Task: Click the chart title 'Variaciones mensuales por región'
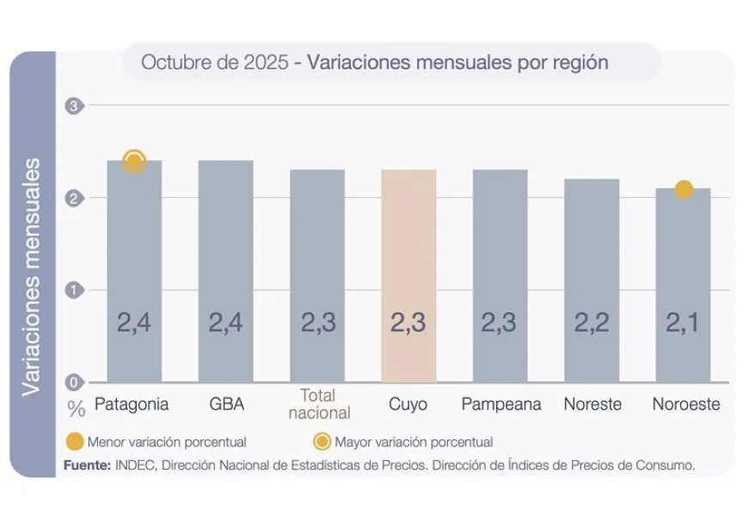click(457, 63)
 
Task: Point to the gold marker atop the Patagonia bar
click(134, 162)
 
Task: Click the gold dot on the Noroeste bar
click(684, 189)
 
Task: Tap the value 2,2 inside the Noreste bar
click(592, 322)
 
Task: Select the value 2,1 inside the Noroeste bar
click(684, 322)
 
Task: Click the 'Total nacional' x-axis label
click(317, 404)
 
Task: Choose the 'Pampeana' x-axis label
click(500, 404)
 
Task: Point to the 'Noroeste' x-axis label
click(685, 404)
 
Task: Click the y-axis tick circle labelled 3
click(73, 106)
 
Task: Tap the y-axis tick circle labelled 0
click(73, 383)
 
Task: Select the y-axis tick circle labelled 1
click(73, 290)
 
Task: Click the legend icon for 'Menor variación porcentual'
click(75, 442)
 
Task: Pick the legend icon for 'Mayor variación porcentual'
click(322, 442)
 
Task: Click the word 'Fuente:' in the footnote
click(87, 464)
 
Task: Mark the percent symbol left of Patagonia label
click(76, 407)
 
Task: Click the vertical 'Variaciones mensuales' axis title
click(32, 275)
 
